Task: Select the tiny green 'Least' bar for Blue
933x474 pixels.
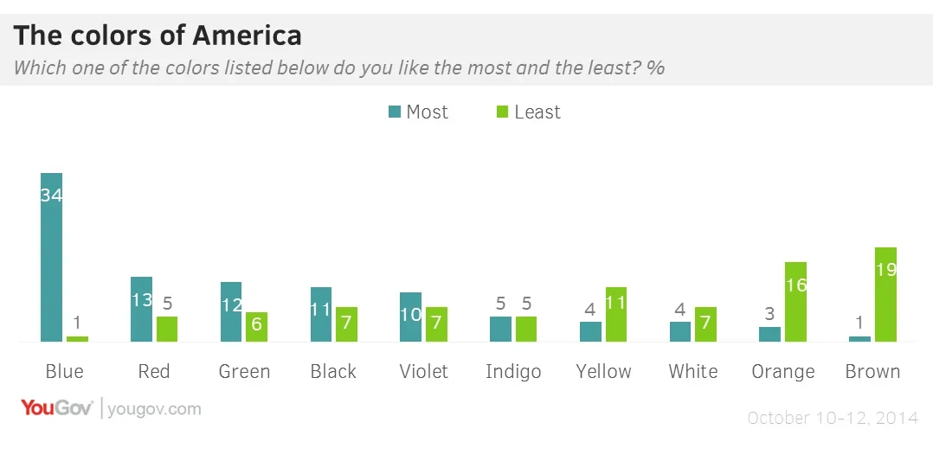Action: (78, 338)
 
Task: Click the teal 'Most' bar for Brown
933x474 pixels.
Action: (859, 338)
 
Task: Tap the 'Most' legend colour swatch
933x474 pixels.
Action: (395, 112)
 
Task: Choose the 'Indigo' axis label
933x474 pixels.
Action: (513, 372)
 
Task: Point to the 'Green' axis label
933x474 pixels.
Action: (244, 372)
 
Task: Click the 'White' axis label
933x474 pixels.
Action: (693, 372)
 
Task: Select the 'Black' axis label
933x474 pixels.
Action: (333, 372)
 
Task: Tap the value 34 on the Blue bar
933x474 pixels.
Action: (52, 195)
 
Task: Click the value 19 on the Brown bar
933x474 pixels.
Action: (885, 269)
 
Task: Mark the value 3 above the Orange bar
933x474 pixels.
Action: (769, 312)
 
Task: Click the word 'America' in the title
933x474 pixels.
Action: (247, 35)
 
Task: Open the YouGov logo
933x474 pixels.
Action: (57, 408)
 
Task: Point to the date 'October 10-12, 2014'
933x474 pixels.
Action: (832, 419)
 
